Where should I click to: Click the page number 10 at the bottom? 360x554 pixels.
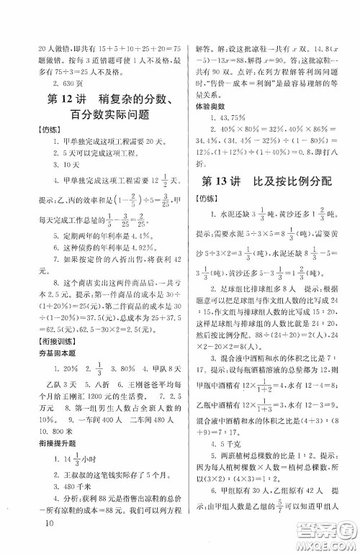point(49,542)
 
